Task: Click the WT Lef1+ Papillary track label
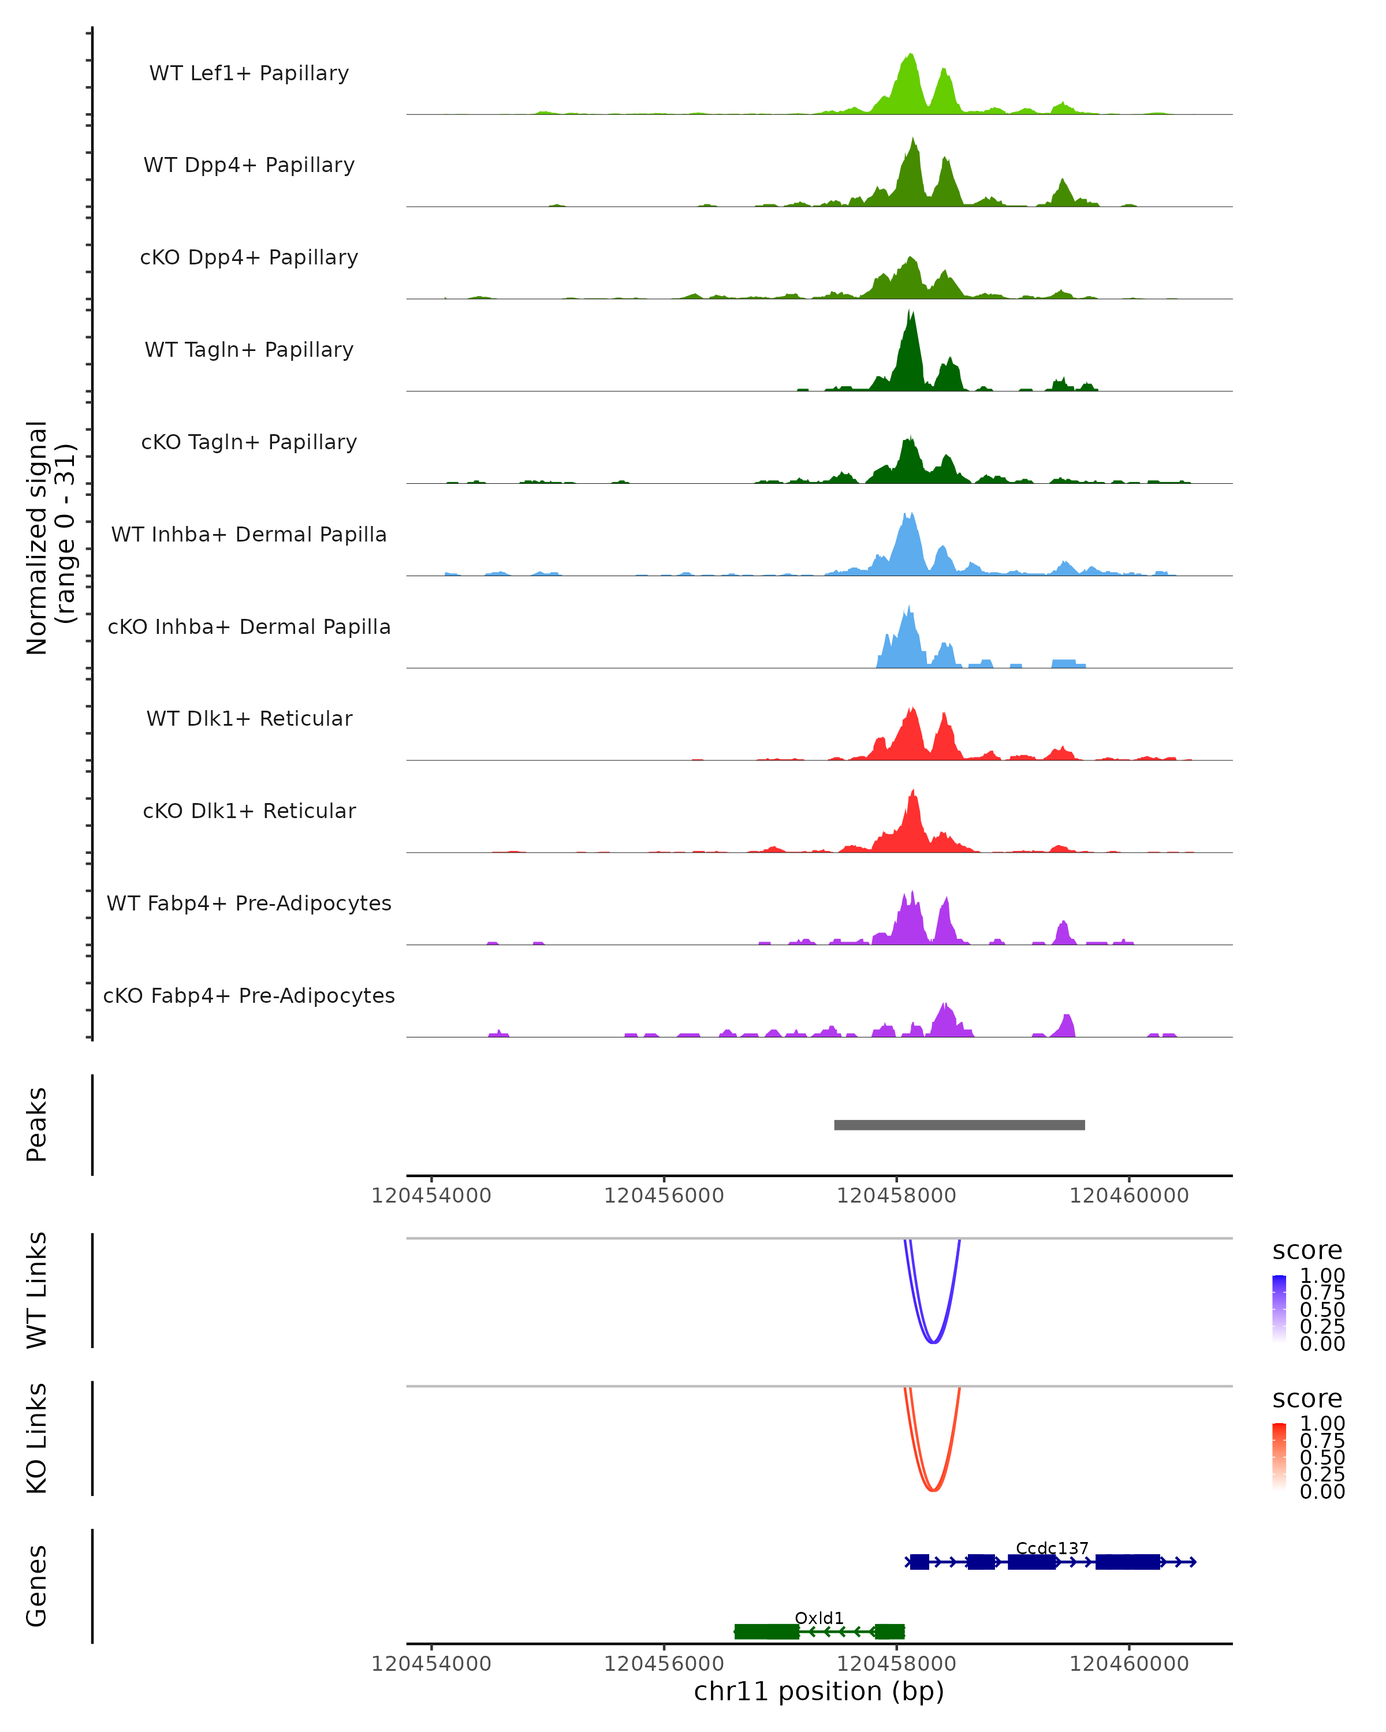[x=249, y=73]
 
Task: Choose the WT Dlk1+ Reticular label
[x=249, y=718]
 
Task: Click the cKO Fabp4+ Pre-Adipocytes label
[x=249, y=995]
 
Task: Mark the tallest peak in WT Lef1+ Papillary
[x=910, y=56]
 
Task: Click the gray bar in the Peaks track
[x=959, y=1125]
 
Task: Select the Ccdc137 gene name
[x=1052, y=1548]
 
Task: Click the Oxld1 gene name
[x=819, y=1618]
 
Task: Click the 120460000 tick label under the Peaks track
[x=1129, y=1196]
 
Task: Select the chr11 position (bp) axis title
[x=819, y=1691]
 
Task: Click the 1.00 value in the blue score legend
[x=1322, y=1276]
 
